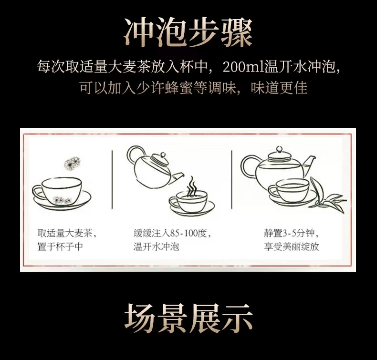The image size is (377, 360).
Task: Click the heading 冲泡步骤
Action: tap(188, 32)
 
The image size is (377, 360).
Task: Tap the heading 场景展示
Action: tap(188, 318)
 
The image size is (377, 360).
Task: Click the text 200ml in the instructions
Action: tap(243, 67)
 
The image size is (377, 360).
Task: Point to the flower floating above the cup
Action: tap(72, 163)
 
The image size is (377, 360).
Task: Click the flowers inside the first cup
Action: tap(62, 200)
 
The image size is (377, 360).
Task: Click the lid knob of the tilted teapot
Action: tap(163, 155)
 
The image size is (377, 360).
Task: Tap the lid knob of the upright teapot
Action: tap(279, 149)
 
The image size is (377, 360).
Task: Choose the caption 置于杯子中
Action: tap(60, 247)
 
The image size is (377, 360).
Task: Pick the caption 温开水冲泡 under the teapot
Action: tap(156, 247)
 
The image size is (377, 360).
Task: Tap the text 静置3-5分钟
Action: tap(289, 233)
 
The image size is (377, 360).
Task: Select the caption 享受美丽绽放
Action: tap(292, 247)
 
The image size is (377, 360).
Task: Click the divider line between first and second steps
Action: tap(112, 180)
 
